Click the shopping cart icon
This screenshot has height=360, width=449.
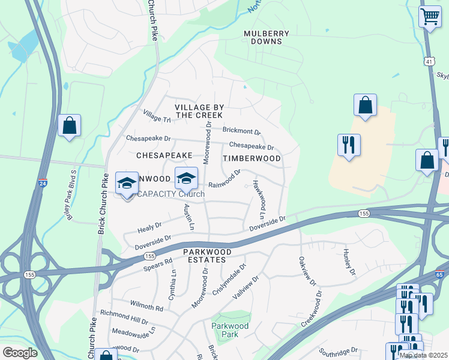(x=430, y=17)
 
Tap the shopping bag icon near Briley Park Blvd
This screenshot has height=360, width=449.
(x=70, y=126)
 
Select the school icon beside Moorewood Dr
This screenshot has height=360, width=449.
(x=186, y=178)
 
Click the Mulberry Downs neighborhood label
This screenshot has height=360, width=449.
(x=267, y=38)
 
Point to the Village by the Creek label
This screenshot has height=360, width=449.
(x=199, y=111)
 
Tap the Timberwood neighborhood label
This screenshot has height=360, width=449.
(x=252, y=158)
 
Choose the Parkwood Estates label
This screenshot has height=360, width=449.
(x=205, y=256)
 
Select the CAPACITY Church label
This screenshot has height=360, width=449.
(x=170, y=194)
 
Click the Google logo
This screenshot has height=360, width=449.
(x=19, y=353)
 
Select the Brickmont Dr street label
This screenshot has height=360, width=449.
(x=241, y=131)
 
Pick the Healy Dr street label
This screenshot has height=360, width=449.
(x=149, y=226)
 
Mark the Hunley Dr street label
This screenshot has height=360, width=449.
(x=349, y=262)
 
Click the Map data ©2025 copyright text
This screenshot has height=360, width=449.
(x=423, y=355)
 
